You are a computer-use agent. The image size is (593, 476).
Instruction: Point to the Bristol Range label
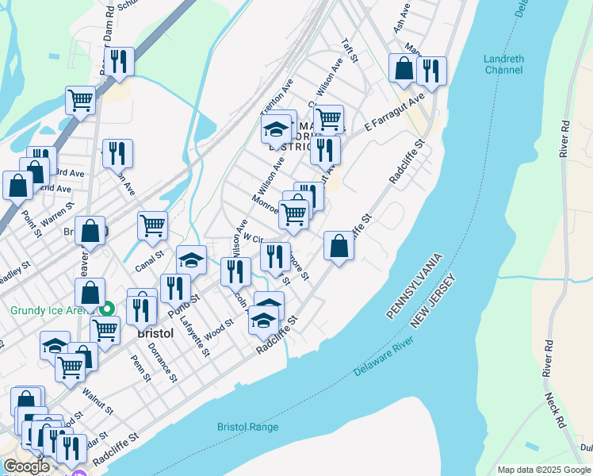point(247,427)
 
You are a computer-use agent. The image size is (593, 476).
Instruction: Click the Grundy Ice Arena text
point(46,311)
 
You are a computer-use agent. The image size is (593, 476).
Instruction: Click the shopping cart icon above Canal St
point(152,225)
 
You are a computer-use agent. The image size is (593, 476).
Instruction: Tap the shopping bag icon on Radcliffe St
point(339,247)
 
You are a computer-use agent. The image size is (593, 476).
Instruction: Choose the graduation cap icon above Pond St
point(191,259)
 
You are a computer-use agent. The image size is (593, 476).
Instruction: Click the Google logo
point(26,466)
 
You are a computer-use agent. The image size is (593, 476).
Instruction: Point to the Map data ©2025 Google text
point(543,470)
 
